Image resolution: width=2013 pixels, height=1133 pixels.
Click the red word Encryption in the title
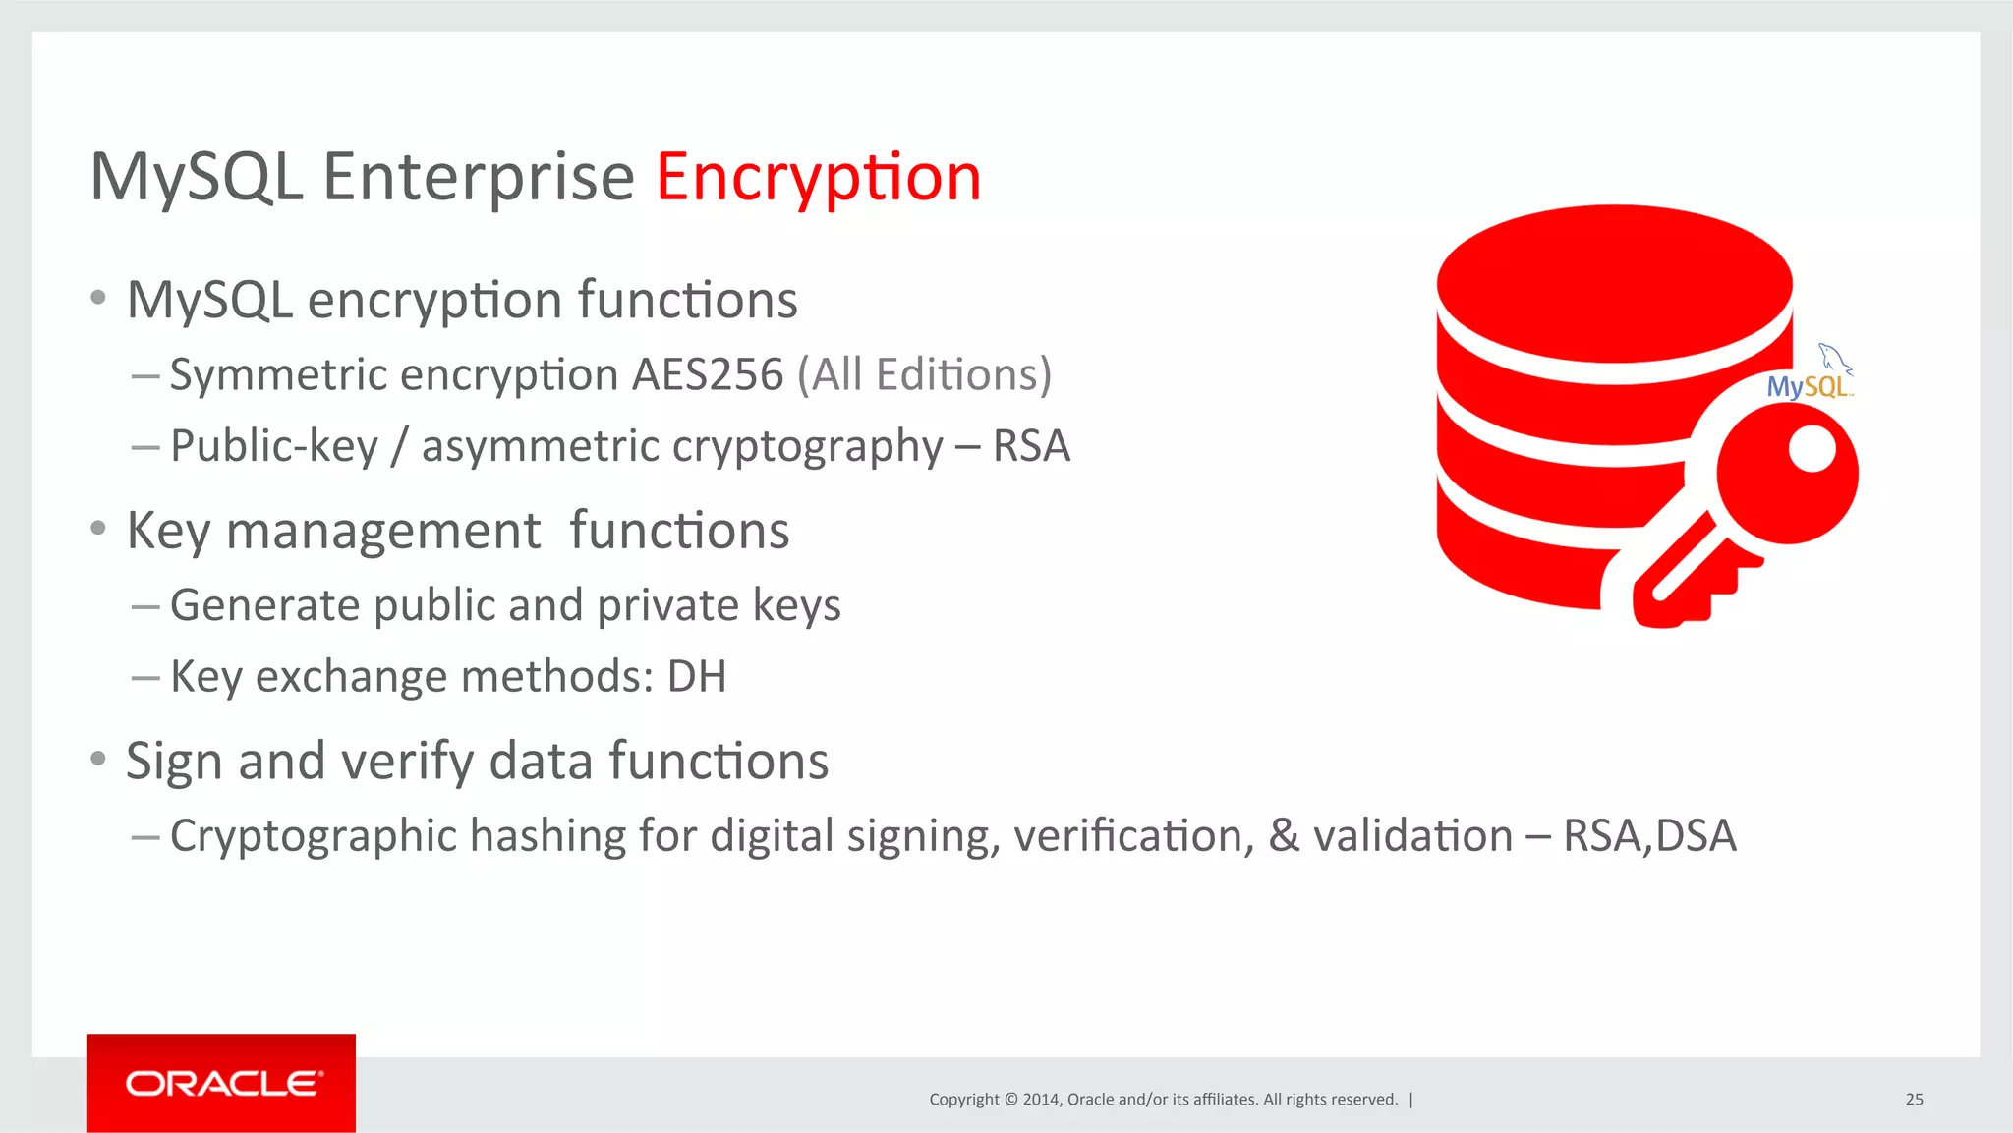(818, 178)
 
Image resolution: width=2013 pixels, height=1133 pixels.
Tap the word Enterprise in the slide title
(479, 178)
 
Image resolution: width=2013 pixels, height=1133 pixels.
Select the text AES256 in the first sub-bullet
(708, 374)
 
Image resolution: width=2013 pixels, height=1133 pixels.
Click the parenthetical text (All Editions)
(924, 374)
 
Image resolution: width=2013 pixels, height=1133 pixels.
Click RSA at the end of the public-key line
(1030, 446)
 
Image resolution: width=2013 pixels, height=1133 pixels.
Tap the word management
(382, 531)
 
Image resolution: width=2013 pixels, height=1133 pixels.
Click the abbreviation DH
(697, 677)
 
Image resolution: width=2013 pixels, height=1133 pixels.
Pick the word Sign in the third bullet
(175, 762)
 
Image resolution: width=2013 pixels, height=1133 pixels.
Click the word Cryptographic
(314, 836)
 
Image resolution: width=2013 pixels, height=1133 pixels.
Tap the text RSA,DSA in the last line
(1649, 836)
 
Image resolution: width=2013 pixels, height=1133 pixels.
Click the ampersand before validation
(1284, 836)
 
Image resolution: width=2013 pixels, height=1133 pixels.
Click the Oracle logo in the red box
(222, 1084)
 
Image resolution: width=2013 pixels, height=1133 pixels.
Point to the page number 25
(1914, 1100)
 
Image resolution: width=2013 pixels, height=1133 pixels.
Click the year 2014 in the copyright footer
(1040, 1100)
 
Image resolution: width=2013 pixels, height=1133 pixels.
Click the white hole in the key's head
(1812, 450)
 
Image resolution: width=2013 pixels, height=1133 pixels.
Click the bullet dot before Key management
(97, 529)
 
